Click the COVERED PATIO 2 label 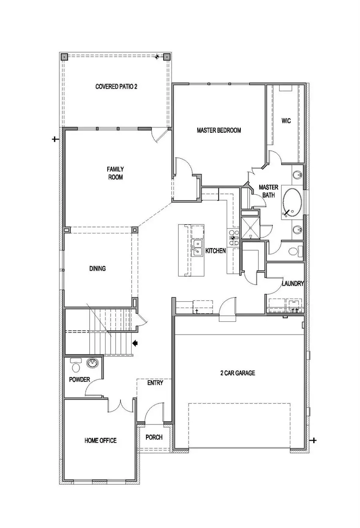[116, 86]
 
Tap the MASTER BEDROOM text [219, 130]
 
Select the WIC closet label [286, 121]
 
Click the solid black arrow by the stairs [135, 343]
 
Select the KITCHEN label [216, 251]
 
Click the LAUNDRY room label [293, 284]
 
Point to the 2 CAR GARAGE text [238, 373]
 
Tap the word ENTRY [155, 383]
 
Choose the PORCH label [154, 437]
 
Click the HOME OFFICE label [100, 440]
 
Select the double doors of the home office [120, 406]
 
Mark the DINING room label [97, 268]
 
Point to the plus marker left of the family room [55, 139]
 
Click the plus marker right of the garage [314, 440]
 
